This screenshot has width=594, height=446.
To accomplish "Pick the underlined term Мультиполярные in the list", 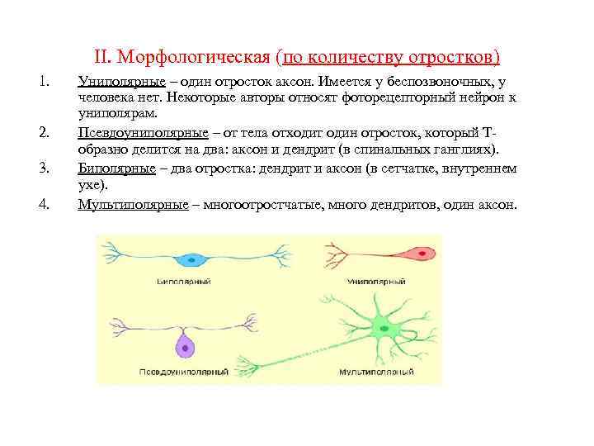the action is pyautogui.click(x=127, y=204).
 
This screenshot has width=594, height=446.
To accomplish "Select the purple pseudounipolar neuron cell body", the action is pyautogui.click(x=187, y=348).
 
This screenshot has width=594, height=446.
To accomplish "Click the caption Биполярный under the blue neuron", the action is pyautogui.click(x=183, y=282).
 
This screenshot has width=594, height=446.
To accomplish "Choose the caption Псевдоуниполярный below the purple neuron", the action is pyautogui.click(x=186, y=373).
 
